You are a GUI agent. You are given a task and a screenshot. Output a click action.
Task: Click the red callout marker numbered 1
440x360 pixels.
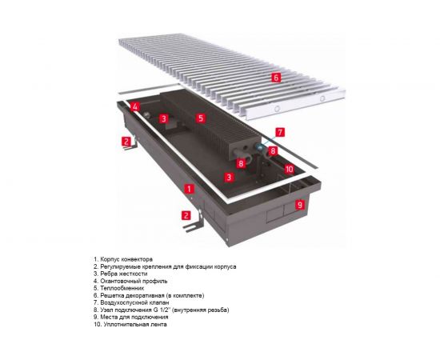click(190, 189)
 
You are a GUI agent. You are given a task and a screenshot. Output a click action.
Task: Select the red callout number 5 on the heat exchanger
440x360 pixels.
click(201, 118)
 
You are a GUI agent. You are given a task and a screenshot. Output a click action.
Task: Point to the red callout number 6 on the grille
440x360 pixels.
click(275, 78)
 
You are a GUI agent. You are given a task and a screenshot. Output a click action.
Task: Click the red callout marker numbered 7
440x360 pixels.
click(279, 131)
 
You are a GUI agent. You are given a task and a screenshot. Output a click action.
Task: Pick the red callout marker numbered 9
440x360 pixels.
click(300, 205)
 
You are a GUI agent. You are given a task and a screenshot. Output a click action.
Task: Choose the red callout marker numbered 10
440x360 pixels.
click(289, 169)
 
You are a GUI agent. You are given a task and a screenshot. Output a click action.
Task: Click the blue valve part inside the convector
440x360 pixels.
click(261, 148)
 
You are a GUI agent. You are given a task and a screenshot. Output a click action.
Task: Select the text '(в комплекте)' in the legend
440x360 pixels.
click(166, 295)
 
